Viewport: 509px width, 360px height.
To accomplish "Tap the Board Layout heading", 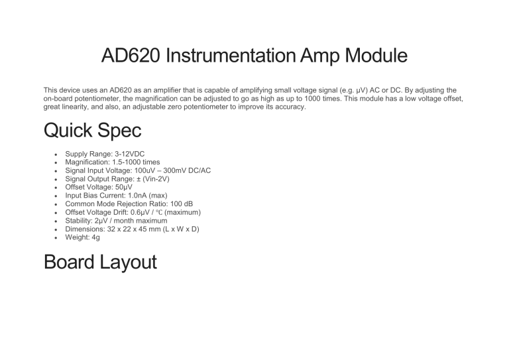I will [x=99, y=262].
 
